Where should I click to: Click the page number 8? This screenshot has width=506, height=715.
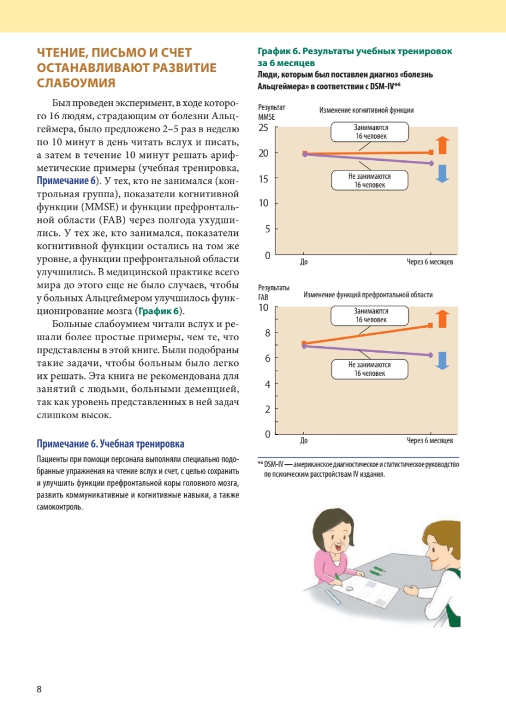[39, 689]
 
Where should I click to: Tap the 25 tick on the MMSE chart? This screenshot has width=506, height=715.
[263, 128]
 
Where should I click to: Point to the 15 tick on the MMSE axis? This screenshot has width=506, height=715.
[263, 179]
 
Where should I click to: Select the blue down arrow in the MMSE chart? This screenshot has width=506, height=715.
[441, 173]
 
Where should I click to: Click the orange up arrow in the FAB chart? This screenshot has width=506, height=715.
[442, 319]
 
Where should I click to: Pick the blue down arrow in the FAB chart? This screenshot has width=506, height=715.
[442, 360]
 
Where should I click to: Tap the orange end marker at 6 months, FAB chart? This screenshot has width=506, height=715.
[430, 325]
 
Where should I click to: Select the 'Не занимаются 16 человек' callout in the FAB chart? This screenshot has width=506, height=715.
[370, 369]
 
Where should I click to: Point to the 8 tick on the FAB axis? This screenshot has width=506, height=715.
[266, 333]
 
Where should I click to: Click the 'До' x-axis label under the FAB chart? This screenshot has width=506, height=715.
[303, 441]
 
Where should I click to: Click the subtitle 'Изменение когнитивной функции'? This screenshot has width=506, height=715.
[366, 110]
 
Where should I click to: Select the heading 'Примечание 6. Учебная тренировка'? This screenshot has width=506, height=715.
[111, 444]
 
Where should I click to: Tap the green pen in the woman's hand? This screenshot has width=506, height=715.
[337, 576]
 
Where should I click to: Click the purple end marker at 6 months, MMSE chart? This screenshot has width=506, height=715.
[430, 163]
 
